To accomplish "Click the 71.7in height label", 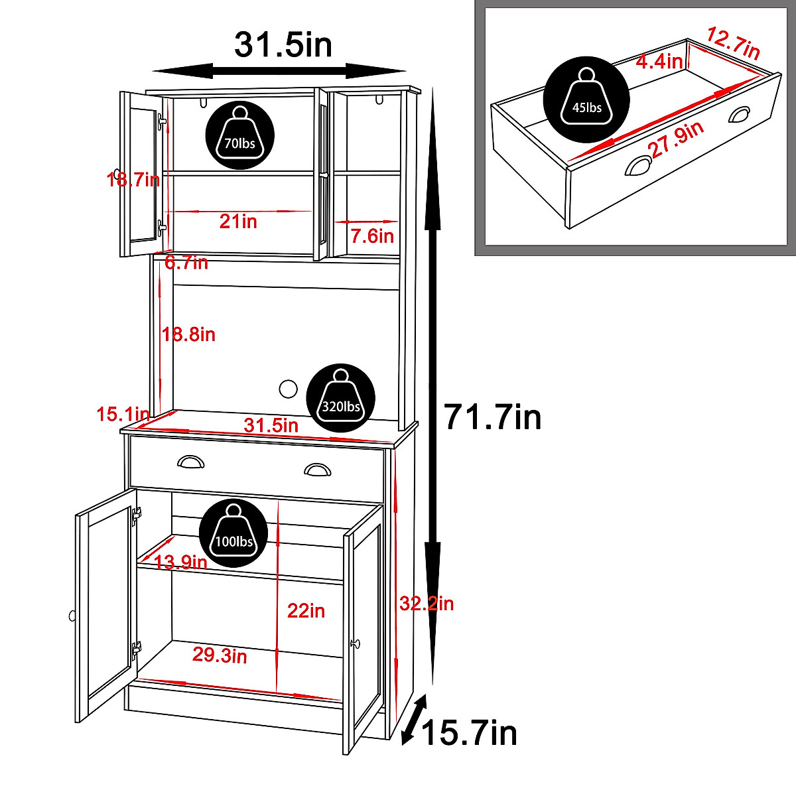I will pos(492,418).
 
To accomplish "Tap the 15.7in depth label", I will pos(469,734).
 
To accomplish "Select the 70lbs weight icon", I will pos(240,136).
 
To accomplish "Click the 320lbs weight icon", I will pos(341,399).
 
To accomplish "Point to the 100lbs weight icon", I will pos(233,534).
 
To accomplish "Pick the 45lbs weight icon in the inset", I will pos(586,99).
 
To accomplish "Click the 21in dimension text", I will pos(238,222).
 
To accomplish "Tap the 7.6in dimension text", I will pos(372,236).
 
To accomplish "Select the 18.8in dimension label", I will pos(189,335).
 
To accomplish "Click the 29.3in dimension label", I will pos(220,655).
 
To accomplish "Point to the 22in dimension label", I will pos(306,611).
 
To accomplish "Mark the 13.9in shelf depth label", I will pos(180,563).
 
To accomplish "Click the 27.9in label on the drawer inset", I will pos(677,140).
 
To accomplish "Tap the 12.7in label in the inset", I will pos(732,44).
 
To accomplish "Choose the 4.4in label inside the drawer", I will pos(659,62).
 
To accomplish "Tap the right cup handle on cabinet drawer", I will pos(317,470).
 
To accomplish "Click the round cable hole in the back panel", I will pos(289,389).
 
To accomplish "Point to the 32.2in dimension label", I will pos(427,604).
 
